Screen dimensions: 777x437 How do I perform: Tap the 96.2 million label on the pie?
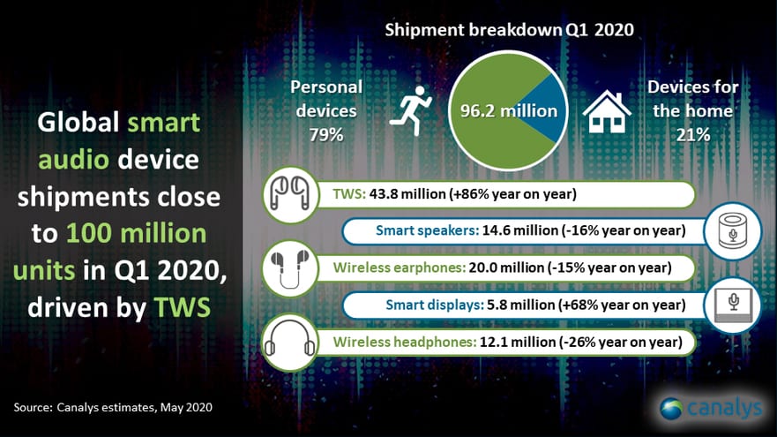tap(508, 110)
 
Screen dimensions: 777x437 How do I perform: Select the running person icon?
tap(411, 110)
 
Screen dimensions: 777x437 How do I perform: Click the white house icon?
tap(607, 111)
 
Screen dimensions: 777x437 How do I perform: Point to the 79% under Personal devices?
tap(326, 134)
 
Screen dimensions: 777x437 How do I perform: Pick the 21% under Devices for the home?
tap(692, 134)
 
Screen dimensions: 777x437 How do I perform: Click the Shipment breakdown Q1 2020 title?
tap(510, 30)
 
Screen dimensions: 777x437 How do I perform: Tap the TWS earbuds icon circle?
tap(290, 194)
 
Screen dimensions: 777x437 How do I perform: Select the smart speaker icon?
tap(732, 231)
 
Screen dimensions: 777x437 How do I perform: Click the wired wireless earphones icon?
tap(290, 268)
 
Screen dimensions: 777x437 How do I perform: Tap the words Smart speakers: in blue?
tap(427, 230)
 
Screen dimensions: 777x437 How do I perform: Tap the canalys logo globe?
tap(671, 409)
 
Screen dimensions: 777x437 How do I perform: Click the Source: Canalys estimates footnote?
tap(113, 408)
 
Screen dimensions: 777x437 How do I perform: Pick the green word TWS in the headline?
tap(183, 307)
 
